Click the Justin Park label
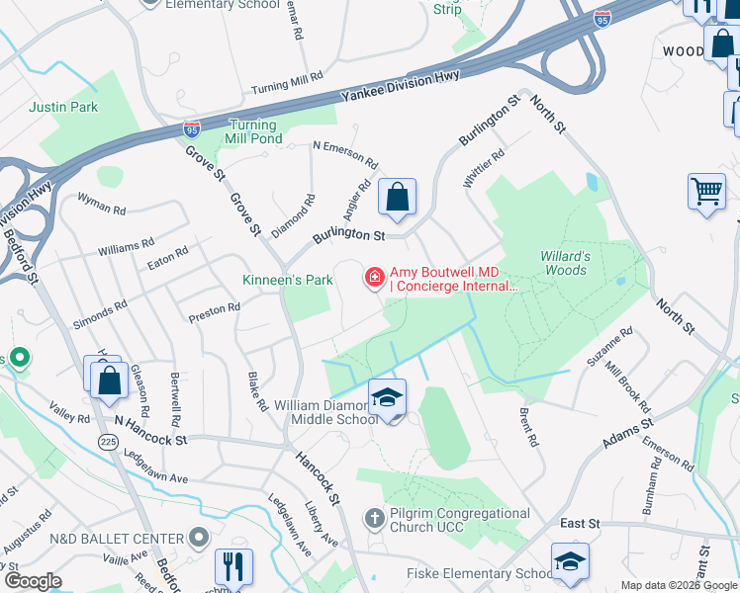click(63, 107)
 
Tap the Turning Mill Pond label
click(256, 131)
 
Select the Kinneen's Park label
click(288, 280)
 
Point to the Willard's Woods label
click(565, 263)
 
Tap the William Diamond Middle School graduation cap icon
click(388, 398)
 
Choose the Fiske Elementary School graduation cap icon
click(570, 561)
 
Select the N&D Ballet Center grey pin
click(198, 538)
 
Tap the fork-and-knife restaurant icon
click(233, 566)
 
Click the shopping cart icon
click(706, 190)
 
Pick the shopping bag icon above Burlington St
click(397, 197)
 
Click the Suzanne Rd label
click(609, 347)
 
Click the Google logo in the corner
click(33, 581)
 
